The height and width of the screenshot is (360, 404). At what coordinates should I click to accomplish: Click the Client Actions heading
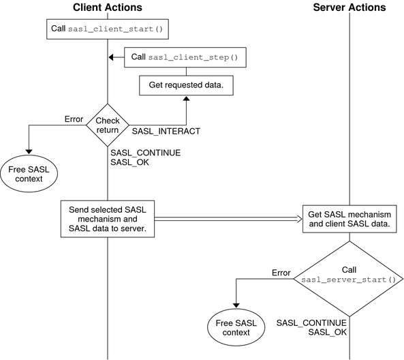coord(108,7)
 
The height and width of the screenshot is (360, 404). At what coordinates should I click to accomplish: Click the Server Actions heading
coord(349,7)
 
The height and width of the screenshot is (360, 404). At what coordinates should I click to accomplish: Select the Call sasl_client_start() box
coord(108,30)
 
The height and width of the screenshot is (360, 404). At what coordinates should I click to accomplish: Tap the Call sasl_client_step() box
coord(185,58)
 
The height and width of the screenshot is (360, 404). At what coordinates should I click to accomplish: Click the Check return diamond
coord(108,125)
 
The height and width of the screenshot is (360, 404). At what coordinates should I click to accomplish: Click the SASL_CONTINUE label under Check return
coord(145,153)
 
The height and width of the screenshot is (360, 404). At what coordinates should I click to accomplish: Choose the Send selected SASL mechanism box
coord(108,218)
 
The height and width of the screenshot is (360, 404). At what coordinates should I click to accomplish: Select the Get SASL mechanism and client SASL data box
coord(349,219)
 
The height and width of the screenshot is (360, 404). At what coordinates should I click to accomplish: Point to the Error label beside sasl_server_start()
coord(281,272)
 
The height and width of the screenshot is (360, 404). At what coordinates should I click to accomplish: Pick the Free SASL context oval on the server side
coord(236,327)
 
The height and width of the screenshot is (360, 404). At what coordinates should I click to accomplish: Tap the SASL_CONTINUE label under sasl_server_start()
coord(311,322)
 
